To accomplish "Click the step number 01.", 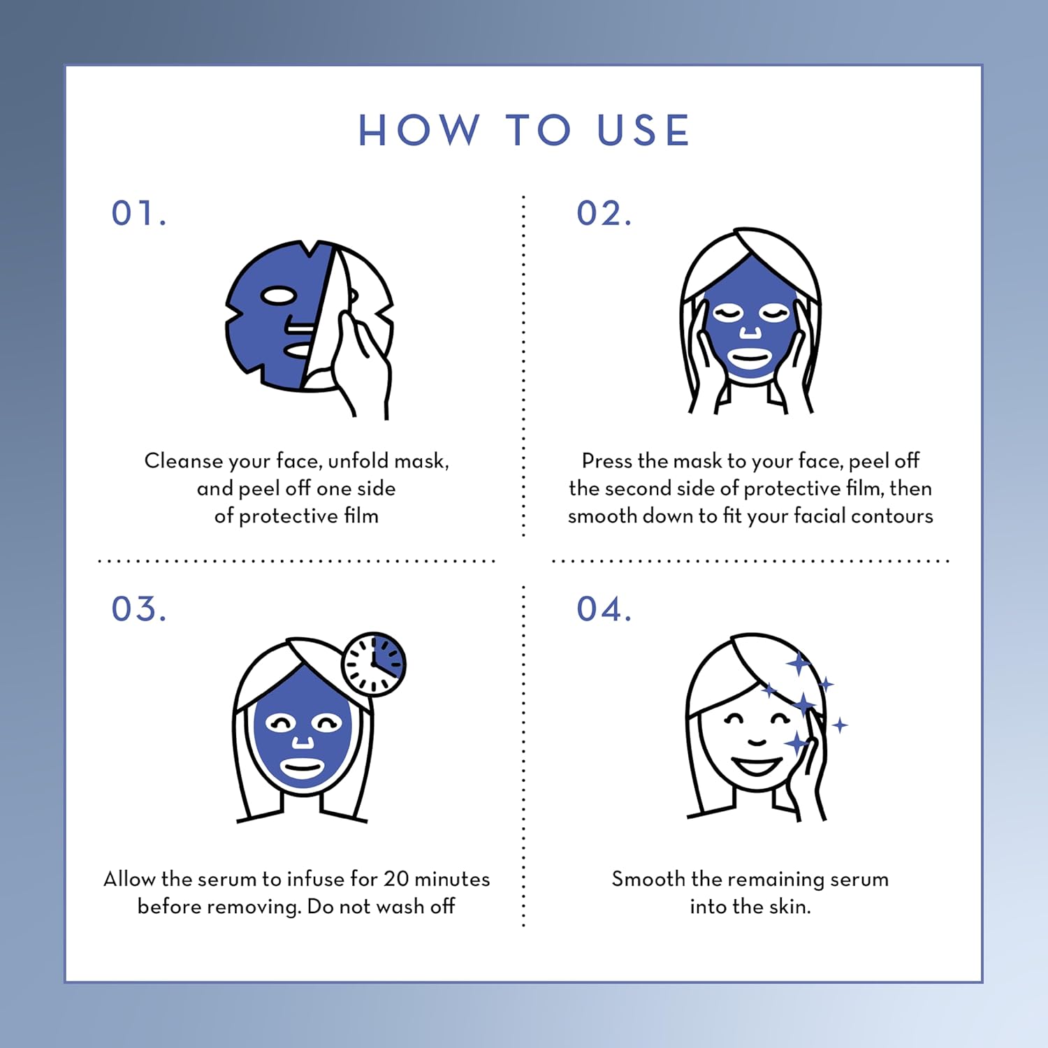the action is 139,214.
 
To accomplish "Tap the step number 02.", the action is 604,214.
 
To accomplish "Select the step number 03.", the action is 139,609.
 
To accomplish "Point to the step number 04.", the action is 604,609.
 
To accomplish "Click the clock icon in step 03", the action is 374,664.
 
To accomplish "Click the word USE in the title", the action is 644,131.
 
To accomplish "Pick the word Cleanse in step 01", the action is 183,461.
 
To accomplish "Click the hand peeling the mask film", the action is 360,363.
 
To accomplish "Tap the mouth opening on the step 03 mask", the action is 302,771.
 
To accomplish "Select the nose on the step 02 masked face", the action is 750,330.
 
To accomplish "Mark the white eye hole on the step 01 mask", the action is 279,296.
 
